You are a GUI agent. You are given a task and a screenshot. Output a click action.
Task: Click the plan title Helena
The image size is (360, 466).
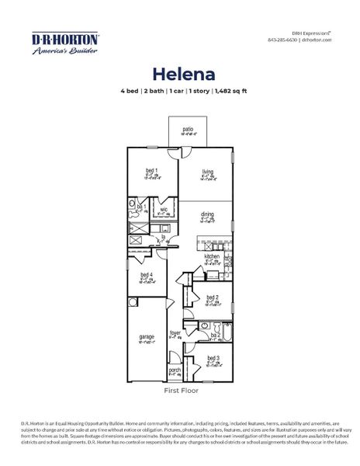click(x=179, y=73)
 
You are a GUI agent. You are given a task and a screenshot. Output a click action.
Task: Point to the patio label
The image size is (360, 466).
click(x=188, y=129)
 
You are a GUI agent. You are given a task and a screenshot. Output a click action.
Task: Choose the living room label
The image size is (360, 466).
click(x=207, y=172)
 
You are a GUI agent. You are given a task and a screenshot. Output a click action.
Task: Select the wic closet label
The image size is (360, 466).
click(x=164, y=209)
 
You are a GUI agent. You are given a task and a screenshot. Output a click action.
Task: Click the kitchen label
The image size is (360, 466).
click(x=212, y=256)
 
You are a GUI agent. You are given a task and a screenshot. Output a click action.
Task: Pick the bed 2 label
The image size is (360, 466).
click(x=213, y=297)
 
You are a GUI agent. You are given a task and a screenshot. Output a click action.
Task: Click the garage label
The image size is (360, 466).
click(x=146, y=336)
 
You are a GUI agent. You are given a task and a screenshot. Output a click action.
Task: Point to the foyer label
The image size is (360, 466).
click(x=175, y=333)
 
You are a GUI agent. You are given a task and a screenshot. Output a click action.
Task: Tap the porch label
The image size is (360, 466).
click(x=175, y=370)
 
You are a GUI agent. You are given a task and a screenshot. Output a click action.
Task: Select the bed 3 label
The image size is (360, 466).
click(x=212, y=358)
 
